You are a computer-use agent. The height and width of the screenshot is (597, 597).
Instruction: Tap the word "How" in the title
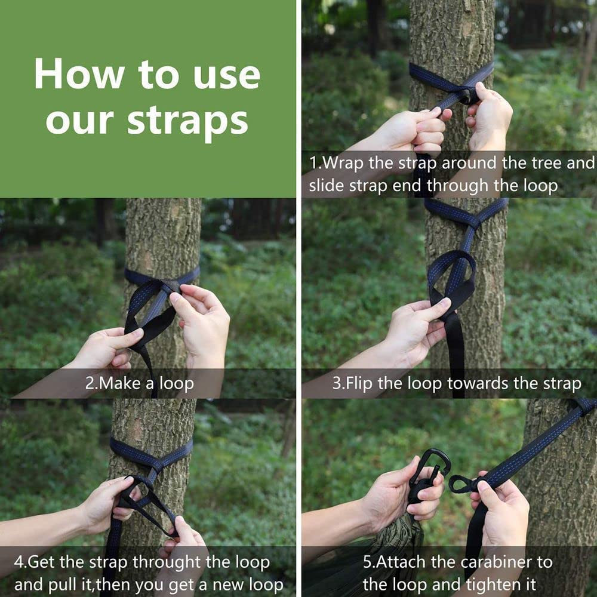(79, 73)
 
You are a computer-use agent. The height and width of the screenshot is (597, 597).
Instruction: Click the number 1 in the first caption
(313, 163)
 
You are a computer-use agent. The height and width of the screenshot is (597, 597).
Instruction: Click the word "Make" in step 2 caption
(121, 383)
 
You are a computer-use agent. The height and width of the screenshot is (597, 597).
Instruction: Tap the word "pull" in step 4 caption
(77, 585)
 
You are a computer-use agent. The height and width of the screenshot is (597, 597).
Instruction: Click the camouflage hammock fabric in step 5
(396, 548)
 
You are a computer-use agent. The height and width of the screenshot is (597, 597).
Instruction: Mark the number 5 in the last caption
(367, 562)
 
